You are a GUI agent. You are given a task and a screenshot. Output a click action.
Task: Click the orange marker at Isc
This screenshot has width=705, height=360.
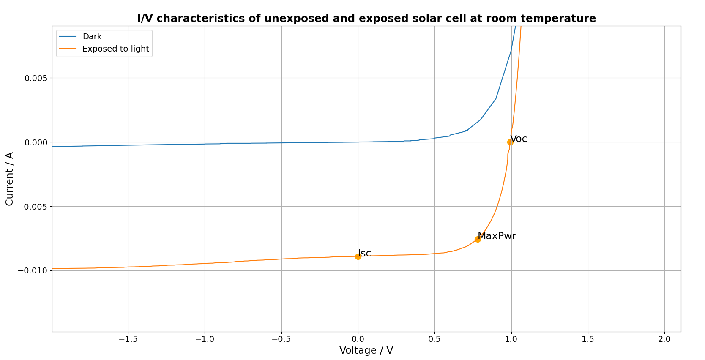[x=358, y=256]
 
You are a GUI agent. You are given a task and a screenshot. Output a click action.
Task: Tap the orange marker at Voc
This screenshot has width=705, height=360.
[x=510, y=142]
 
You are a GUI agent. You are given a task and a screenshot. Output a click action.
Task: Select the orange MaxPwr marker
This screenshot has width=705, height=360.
[x=478, y=239]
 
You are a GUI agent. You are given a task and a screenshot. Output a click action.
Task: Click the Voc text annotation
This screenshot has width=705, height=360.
[x=519, y=139]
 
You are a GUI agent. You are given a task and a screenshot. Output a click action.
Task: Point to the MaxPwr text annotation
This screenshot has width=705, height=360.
[x=497, y=236]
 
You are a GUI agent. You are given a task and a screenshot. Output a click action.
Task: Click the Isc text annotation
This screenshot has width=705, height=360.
[x=364, y=253]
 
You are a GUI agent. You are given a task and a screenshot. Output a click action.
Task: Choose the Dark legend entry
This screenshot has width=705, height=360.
[x=92, y=37]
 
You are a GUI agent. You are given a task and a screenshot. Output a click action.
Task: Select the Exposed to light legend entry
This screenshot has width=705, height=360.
[x=115, y=49]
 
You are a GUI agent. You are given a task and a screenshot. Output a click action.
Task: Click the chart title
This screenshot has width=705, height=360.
[x=366, y=19]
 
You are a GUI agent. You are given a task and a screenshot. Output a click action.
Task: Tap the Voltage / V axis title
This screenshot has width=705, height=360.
[x=366, y=350]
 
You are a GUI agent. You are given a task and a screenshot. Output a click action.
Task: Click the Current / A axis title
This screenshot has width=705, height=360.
[x=10, y=179]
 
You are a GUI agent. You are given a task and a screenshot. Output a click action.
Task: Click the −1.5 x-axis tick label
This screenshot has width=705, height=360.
[x=128, y=339]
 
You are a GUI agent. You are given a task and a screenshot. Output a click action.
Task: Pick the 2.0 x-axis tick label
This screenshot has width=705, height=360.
[x=664, y=339]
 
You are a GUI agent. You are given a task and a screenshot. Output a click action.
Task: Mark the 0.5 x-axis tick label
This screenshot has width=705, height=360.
[x=434, y=339]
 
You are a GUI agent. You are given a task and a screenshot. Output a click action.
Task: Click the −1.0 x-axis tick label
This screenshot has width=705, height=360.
[x=204, y=339]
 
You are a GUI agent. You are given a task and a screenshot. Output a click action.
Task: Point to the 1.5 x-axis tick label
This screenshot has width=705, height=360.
[x=588, y=339]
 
